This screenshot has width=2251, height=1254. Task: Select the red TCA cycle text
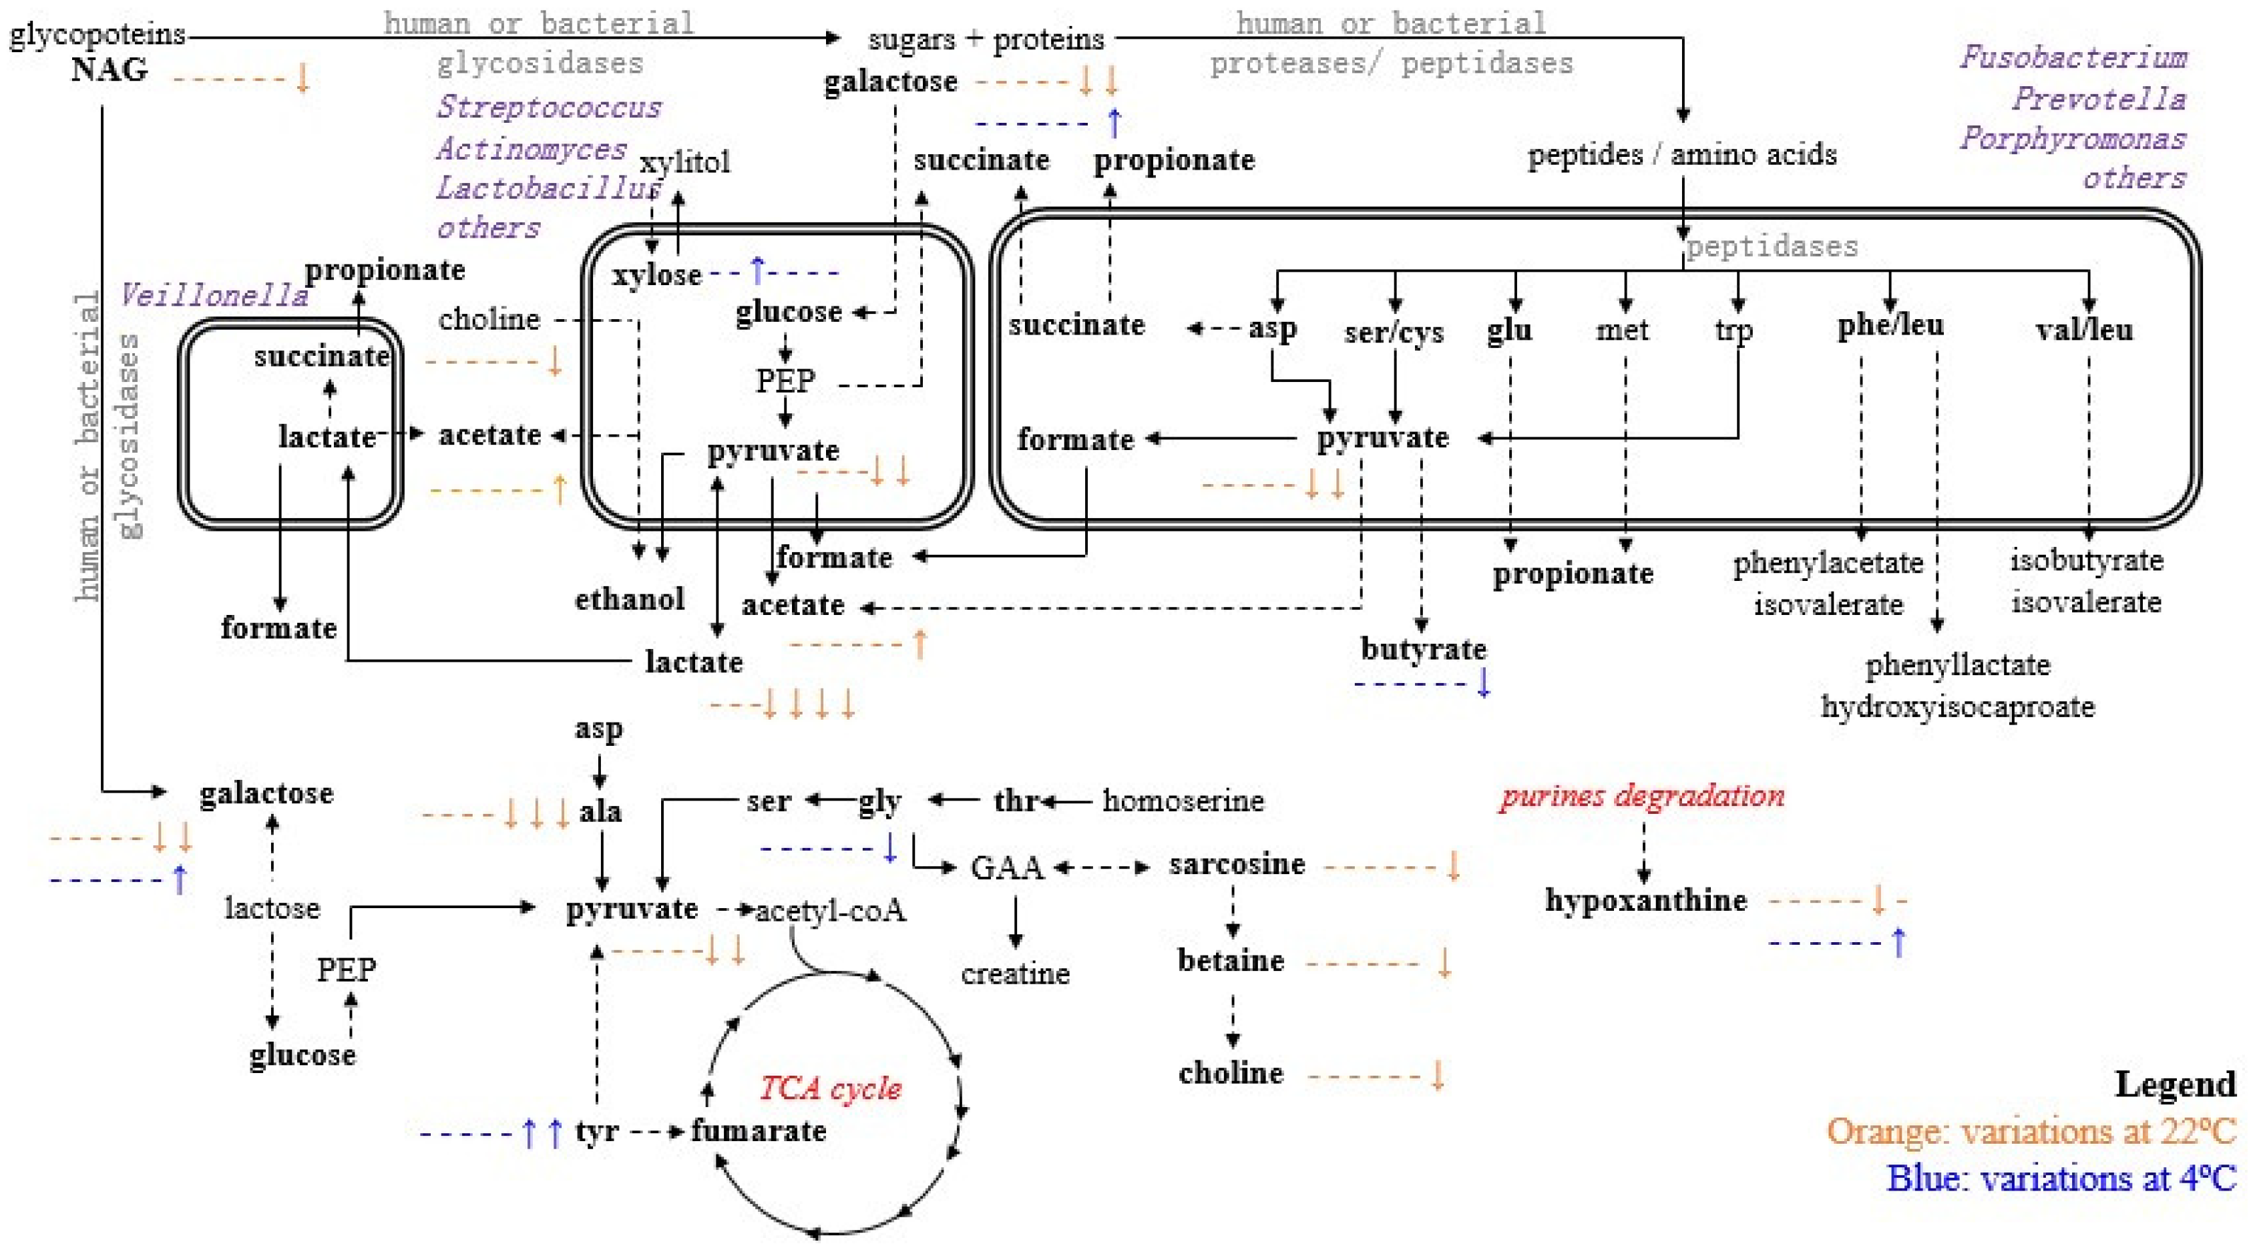pyautogui.click(x=830, y=1088)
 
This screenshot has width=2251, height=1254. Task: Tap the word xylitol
pyautogui.click(x=684, y=162)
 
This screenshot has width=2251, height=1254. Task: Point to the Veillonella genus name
pyautogui.click(x=214, y=295)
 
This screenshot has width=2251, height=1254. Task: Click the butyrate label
pyautogui.click(x=1422, y=648)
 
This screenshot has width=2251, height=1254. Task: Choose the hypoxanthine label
pyautogui.click(x=1645, y=899)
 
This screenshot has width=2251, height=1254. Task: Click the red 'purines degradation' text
pyautogui.click(x=1642, y=795)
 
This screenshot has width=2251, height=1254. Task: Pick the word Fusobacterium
pyautogui.click(x=2073, y=57)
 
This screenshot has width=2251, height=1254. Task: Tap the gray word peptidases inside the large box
pyautogui.click(x=1772, y=246)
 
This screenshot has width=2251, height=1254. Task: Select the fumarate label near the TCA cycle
pyautogui.click(x=759, y=1130)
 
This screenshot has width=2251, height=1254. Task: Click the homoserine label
pyautogui.click(x=1183, y=801)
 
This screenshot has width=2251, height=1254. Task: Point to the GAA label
pyautogui.click(x=1007, y=868)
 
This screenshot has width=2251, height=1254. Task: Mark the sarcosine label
pyautogui.click(x=1237, y=864)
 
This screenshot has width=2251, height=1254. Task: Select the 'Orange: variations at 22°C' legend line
pyautogui.click(x=2031, y=1130)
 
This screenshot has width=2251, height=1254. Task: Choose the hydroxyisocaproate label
pyautogui.click(x=1957, y=706)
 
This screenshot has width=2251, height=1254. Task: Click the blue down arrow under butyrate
pyautogui.click(x=1483, y=682)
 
